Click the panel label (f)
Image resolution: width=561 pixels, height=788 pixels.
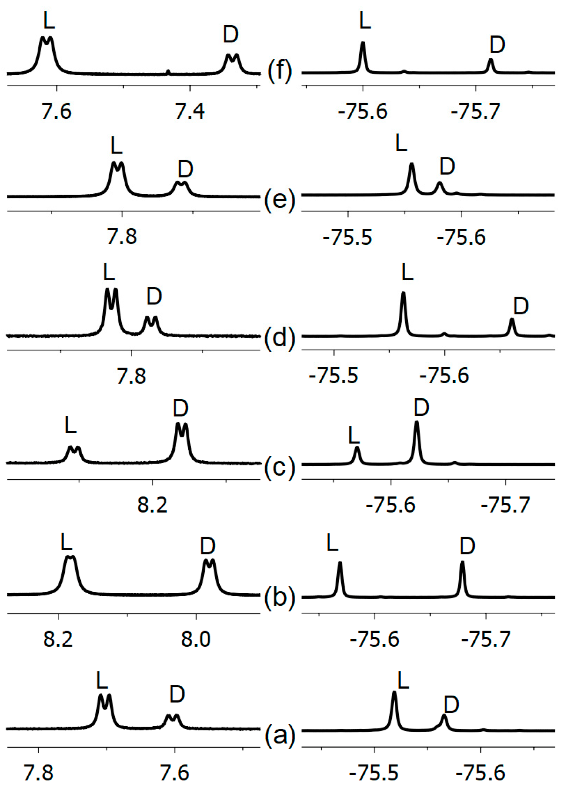[280, 71]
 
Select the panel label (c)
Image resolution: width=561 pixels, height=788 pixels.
[280, 468]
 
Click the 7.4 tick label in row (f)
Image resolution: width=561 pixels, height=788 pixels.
[189, 111]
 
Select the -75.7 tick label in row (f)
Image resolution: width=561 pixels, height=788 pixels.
[475, 111]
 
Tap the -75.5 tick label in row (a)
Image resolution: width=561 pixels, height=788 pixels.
[374, 773]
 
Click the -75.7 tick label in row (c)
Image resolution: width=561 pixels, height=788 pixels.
[505, 506]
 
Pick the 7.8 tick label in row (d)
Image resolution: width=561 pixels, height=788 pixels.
[131, 376]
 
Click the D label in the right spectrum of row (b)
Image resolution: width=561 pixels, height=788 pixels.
[467, 546]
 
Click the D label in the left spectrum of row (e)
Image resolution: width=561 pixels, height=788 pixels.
[185, 169]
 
